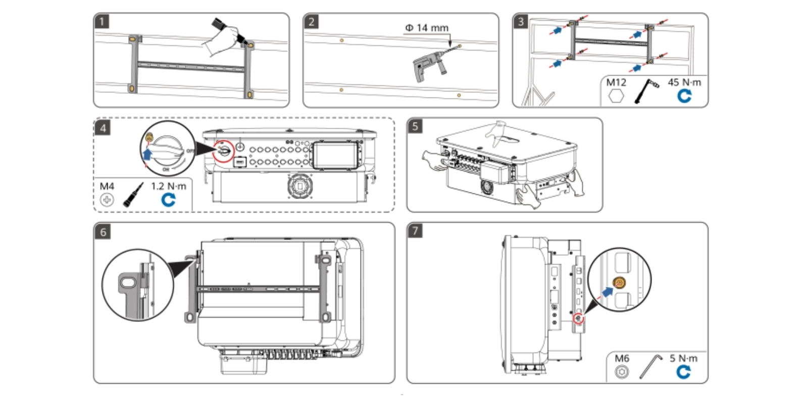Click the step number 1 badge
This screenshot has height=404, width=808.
point(103,22)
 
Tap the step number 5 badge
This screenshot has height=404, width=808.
point(415,126)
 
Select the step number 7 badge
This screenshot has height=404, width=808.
point(415,231)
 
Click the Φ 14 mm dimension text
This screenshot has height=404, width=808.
point(427,28)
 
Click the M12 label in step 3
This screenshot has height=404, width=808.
point(616,82)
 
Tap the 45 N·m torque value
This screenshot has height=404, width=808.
point(684,82)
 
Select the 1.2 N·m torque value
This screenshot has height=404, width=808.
point(169,186)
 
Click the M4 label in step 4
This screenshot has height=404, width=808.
point(107,186)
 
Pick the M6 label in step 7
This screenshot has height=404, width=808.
point(622,359)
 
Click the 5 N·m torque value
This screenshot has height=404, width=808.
point(683,359)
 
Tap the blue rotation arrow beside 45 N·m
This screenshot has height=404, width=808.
point(684,96)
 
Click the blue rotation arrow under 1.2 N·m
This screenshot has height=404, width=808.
point(168,200)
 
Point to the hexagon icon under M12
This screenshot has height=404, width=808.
point(616,96)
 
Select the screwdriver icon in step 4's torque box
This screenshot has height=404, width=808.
point(133,194)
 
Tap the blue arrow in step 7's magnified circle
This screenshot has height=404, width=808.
point(607,291)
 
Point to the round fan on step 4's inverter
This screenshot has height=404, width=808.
point(299,186)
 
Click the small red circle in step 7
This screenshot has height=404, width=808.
point(578,319)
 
